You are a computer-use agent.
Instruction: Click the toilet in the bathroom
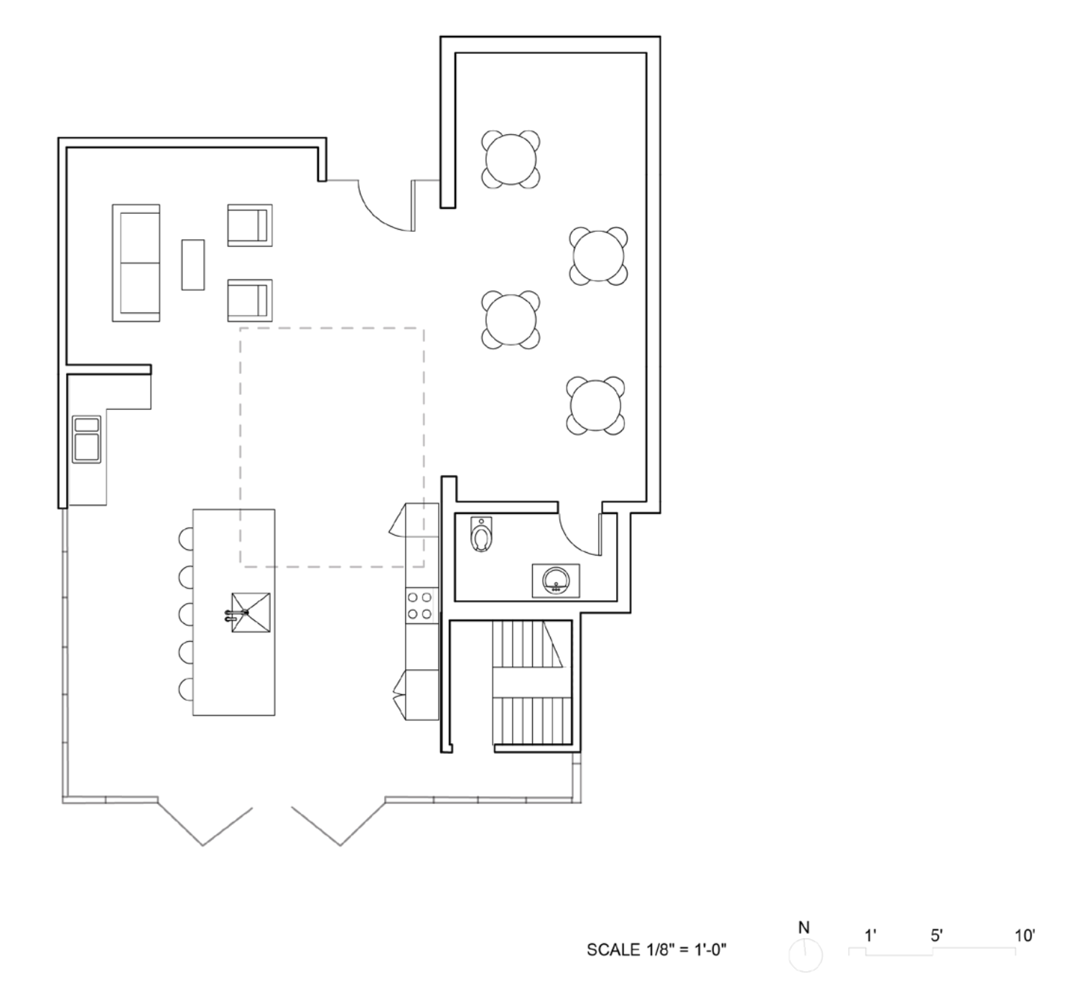coord(480,535)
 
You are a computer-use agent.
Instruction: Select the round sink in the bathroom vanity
coord(556,581)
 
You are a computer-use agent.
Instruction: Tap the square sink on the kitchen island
coord(251,612)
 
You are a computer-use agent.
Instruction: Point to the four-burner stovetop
coord(419,605)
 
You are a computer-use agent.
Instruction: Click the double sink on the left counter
coord(86,439)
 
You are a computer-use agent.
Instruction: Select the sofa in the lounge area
coord(136,263)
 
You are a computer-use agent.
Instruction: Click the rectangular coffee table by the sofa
coord(193,265)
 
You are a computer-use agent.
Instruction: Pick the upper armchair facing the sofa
coord(249,225)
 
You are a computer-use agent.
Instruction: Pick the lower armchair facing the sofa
coord(249,301)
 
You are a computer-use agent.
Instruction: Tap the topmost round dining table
coord(511,159)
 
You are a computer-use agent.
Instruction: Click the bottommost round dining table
coord(595,406)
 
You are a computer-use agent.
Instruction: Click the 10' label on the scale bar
coord(1025,935)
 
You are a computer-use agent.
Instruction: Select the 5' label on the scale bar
coord(937,935)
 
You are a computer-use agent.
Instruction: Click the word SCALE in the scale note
coord(613,950)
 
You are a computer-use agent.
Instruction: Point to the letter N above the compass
coord(804,928)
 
